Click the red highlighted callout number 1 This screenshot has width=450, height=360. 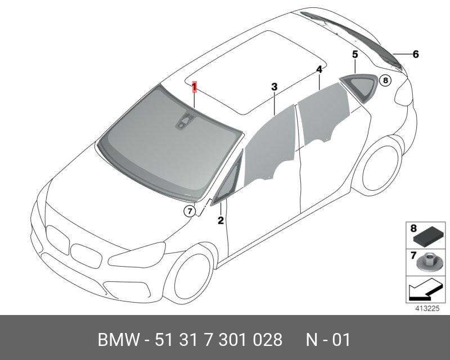tap(195, 87)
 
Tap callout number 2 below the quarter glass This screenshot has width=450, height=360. tap(220, 220)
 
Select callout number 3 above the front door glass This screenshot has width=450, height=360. tap(274, 87)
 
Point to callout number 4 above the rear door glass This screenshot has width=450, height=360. tap(319, 70)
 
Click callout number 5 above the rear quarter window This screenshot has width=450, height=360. tap(355, 54)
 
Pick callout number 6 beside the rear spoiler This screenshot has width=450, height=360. tap(416, 54)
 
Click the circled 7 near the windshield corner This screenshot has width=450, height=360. tap(190, 211)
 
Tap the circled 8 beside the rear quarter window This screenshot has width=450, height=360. tap(385, 80)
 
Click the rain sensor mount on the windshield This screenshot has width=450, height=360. tap(184, 121)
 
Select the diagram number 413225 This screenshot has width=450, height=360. tap(427, 308)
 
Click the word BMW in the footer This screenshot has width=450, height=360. tap(119, 340)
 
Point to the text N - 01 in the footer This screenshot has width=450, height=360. tap(328, 340)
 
